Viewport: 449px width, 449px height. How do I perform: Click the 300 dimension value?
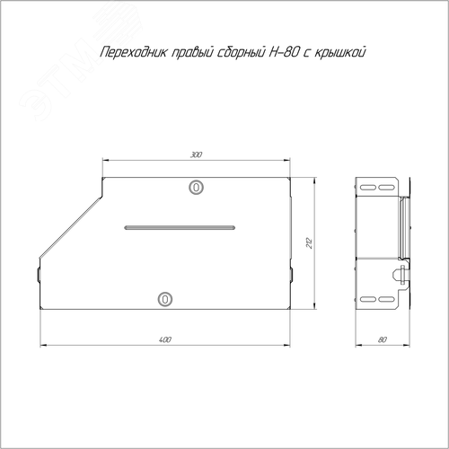(196, 154)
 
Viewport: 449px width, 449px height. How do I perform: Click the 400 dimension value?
(165, 339)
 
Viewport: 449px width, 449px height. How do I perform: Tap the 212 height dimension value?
(309, 242)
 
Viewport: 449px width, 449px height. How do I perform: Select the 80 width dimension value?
(383, 339)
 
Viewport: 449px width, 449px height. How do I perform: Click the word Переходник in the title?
(134, 53)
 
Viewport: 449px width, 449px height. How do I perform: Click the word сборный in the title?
(241, 53)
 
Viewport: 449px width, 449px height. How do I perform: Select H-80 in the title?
(284, 53)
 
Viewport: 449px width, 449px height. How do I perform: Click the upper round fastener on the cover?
(196, 188)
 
